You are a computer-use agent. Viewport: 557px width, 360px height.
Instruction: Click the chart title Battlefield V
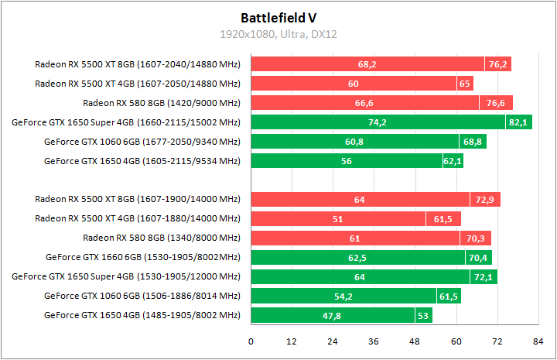[x=278, y=17]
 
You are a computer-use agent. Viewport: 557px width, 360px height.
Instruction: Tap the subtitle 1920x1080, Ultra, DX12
[x=278, y=34]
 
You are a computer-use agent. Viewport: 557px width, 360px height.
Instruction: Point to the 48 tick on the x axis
[x=415, y=341]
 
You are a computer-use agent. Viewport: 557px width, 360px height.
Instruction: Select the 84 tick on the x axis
[x=538, y=341]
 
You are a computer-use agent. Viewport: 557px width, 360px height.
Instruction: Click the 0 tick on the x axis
[x=251, y=341]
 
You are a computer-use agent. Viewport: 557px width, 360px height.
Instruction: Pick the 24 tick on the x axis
[x=333, y=341]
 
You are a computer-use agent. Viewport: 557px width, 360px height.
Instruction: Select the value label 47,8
[x=332, y=316]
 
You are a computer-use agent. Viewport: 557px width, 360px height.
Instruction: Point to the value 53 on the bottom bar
[x=422, y=316]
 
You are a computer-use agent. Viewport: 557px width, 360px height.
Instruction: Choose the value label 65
[x=465, y=84]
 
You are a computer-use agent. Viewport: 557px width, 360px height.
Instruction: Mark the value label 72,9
[x=485, y=200]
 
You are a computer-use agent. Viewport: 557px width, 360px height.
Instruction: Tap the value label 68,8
[x=472, y=142]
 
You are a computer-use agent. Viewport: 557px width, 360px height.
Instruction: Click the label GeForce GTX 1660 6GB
[x=143, y=258]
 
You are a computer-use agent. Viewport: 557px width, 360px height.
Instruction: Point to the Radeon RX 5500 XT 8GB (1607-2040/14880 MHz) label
[x=138, y=64]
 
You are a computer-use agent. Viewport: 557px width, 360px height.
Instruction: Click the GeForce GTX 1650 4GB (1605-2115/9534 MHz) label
[x=142, y=161]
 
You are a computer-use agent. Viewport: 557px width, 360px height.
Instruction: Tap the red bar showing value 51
[x=338, y=219]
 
